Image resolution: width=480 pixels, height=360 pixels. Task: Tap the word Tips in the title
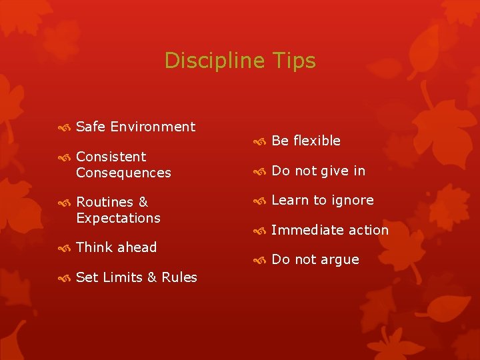pos(294,61)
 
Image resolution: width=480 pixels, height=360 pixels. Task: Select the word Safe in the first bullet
pos(91,127)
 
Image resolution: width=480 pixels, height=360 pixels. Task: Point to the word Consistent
pos(111,157)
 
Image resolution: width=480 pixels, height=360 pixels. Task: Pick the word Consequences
pos(123,173)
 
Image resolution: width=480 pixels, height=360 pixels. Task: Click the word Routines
pos(104,202)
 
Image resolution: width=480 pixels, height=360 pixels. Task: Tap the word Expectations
pos(118,218)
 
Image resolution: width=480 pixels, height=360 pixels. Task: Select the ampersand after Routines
pos(143,202)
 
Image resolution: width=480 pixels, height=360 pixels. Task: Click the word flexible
pos(317,141)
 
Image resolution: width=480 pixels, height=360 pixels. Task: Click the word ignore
pos(352,201)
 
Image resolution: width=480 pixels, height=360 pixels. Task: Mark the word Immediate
pos(301,230)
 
